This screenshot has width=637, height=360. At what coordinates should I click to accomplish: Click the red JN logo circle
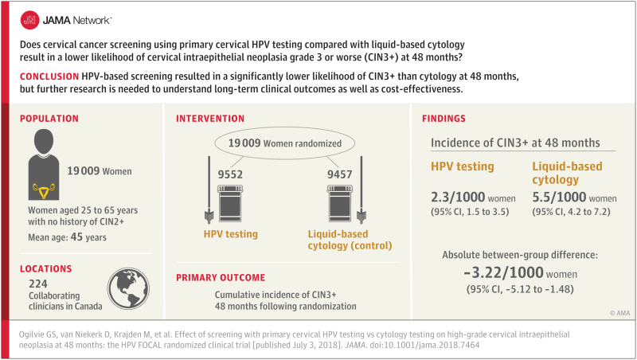29,18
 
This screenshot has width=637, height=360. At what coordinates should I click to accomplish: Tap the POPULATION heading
49,119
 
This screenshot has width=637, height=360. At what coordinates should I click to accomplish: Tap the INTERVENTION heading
212,119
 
